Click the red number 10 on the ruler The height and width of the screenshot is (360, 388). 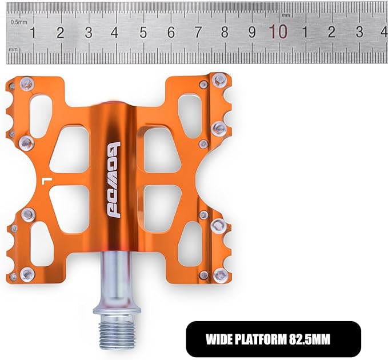[278, 31]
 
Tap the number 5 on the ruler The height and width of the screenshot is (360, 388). [143, 33]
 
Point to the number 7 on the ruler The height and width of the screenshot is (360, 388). [198, 32]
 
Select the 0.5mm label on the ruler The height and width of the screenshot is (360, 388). [19, 22]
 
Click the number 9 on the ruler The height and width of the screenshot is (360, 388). [252, 32]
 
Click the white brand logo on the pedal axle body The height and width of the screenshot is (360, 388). [114, 180]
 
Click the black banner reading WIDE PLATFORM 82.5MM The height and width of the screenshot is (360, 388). [274, 339]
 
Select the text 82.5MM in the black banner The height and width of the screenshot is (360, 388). [310, 339]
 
